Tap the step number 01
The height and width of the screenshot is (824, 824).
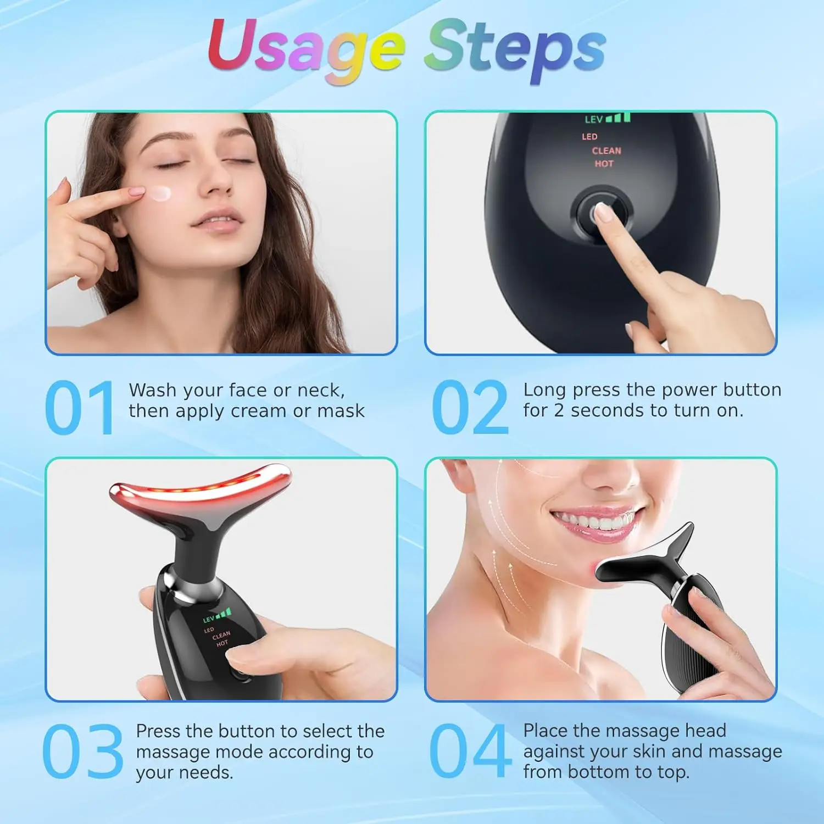click(x=80, y=408)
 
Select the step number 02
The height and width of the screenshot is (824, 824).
click(x=470, y=408)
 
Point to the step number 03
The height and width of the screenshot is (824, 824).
click(x=82, y=751)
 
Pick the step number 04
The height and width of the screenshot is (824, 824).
click(x=470, y=751)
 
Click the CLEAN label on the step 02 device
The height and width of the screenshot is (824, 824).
click(x=606, y=151)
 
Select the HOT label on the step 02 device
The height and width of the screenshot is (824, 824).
click(x=604, y=164)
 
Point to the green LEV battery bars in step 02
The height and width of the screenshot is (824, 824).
click(x=619, y=118)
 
